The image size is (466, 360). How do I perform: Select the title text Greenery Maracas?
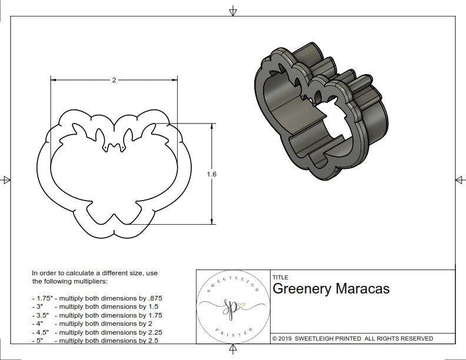331,289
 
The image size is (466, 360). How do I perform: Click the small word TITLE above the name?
280,278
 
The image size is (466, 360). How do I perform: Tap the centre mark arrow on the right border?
459,179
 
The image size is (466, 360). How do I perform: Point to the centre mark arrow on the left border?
6,179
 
